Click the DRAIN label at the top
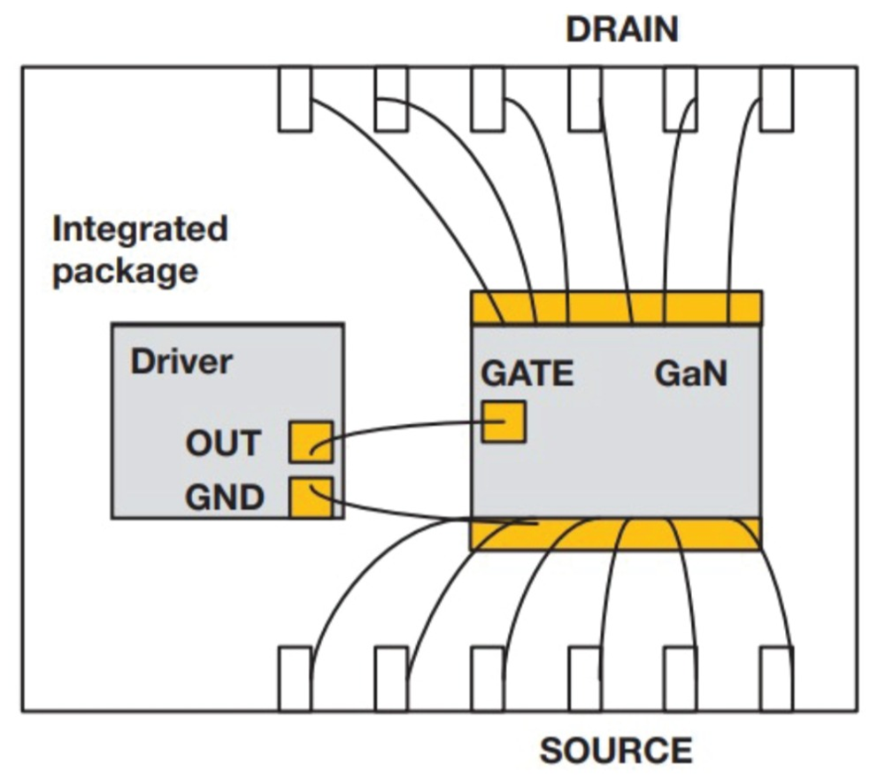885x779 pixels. pyautogui.click(x=622, y=29)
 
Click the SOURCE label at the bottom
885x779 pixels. pyautogui.click(x=616, y=751)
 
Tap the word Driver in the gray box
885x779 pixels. pyautogui.click(x=181, y=361)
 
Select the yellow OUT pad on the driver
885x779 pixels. pyautogui.click(x=310, y=442)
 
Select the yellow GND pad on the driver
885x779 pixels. pyautogui.click(x=310, y=497)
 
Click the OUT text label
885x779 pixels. pyautogui.click(x=223, y=443)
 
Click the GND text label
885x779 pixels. pyautogui.click(x=224, y=497)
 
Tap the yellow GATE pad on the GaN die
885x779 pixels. pyautogui.click(x=504, y=421)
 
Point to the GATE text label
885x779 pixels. pyautogui.click(x=527, y=374)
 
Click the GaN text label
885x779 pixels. pyautogui.click(x=691, y=374)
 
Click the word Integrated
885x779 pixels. pyautogui.click(x=140, y=230)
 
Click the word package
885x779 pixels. pyautogui.click(x=125, y=270)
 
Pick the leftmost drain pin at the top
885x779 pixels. pyautogui.click(x=295, y=99)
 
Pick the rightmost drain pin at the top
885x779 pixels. pyautogui.click(x=777, y=99)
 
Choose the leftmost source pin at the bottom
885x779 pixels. pyautogui.click(x=295, y=679)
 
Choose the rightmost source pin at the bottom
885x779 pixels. pyautogui.click(x=777, y=679)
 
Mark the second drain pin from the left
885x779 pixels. pyautogui.click(x=391, y=99)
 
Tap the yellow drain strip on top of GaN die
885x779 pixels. pyautogui.click(x=602, y=308)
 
